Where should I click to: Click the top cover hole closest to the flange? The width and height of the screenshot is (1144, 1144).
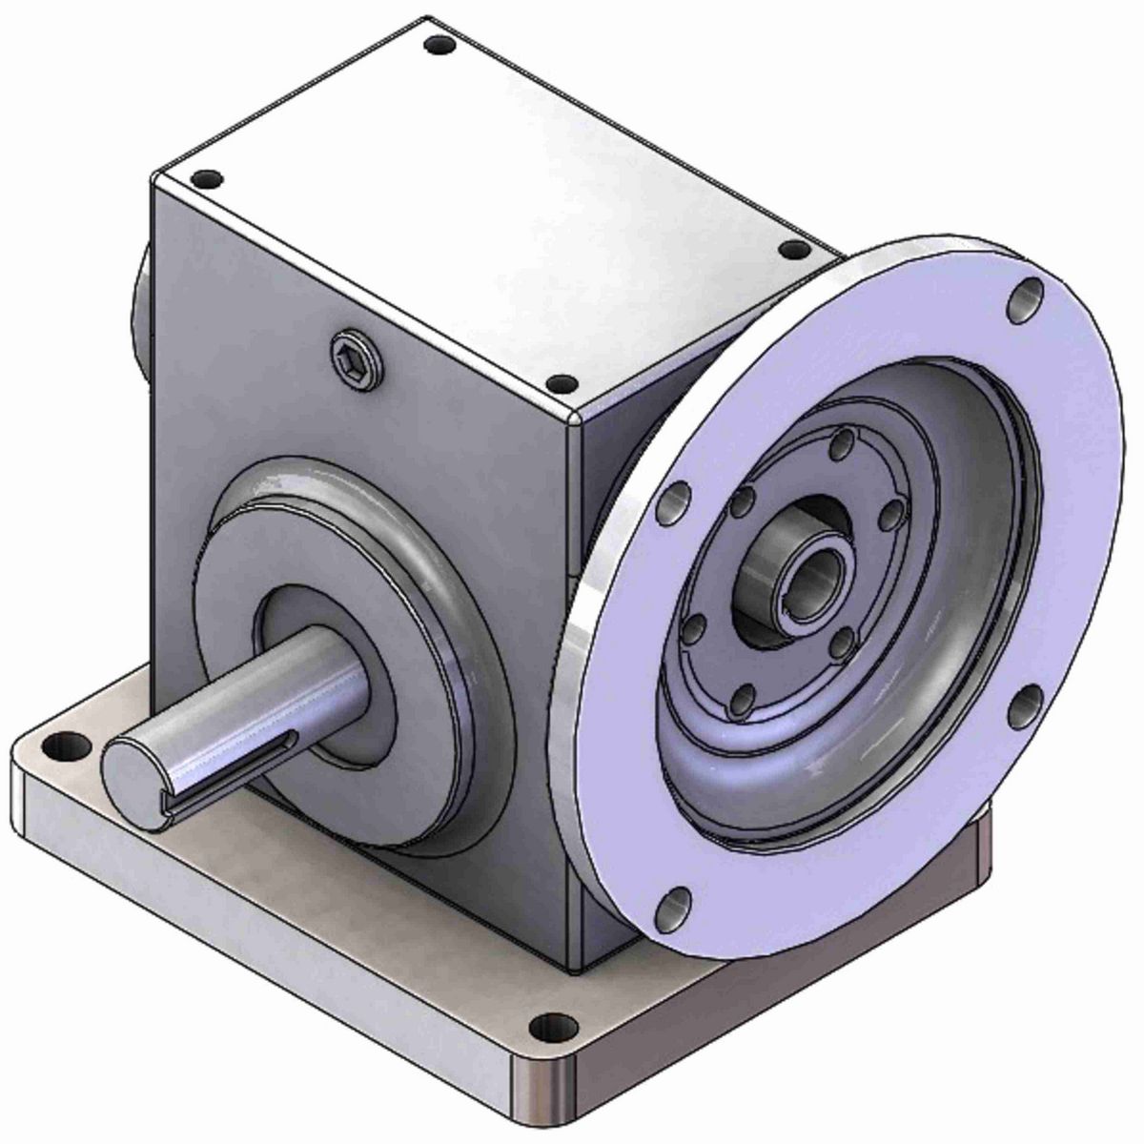tap(790, 250)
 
